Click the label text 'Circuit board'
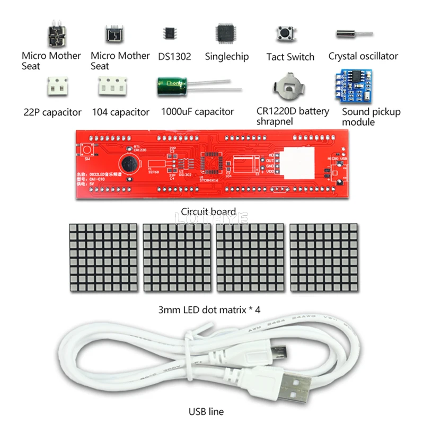[x=208, y=211]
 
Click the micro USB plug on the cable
[x=280, y=352]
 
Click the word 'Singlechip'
[x=227, y=57]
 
